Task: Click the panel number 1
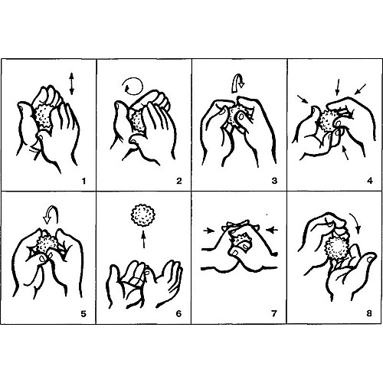click(x=83, y=182)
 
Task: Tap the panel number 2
click(x=179, y=181)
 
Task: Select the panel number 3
click(x=274, y=181)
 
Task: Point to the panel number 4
click(x=370, y=181)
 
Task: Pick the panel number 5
click(x=83, y=313)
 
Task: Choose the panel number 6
click(x=178, y=313)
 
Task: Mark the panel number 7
click(x=274, y=313)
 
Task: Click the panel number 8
click(x=369, y=313)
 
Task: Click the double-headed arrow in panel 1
click(x=72, y=83)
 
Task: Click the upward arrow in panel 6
click(x=144, y=239)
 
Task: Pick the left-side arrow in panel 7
click(x=209, y=231)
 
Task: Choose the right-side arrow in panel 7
click(x=272, y=230)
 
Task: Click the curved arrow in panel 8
click(x=355, y=221)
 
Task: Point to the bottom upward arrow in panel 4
click(x=345, y=152)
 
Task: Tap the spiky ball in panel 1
click(x=42, y=116)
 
